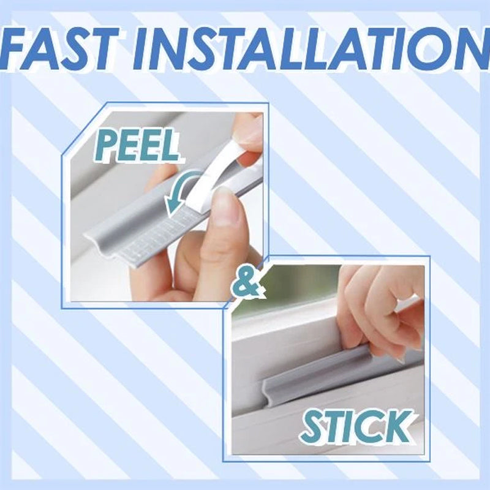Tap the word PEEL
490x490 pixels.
[x=138, y=147]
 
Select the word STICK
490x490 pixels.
[x=355, y=426]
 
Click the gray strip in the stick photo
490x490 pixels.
[x=325, y=377]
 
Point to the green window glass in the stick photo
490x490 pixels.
[x=288, y=288]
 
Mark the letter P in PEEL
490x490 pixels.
[x=105, y=148]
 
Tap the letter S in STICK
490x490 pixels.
[x=313, y=427]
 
